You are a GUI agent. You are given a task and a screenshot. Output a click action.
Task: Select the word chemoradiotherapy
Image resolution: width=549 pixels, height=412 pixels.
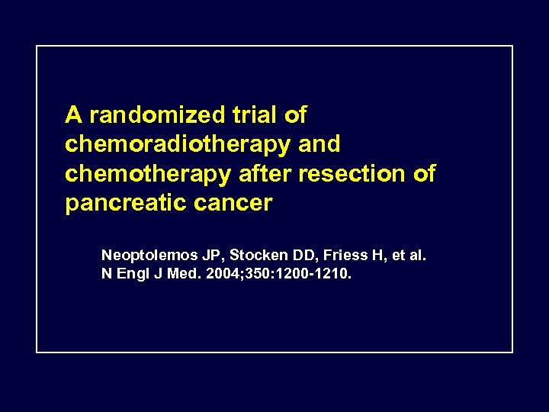[178, 145]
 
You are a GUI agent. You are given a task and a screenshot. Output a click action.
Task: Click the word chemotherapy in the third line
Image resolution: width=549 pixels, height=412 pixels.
[147, 174]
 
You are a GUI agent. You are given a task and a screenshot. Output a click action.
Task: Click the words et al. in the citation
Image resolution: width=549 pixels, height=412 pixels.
[407, 256]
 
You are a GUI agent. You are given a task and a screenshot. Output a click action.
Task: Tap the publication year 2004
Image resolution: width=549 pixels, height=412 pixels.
[220, 273]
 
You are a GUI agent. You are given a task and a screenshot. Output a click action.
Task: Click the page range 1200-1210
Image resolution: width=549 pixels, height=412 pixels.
[319, 273]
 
